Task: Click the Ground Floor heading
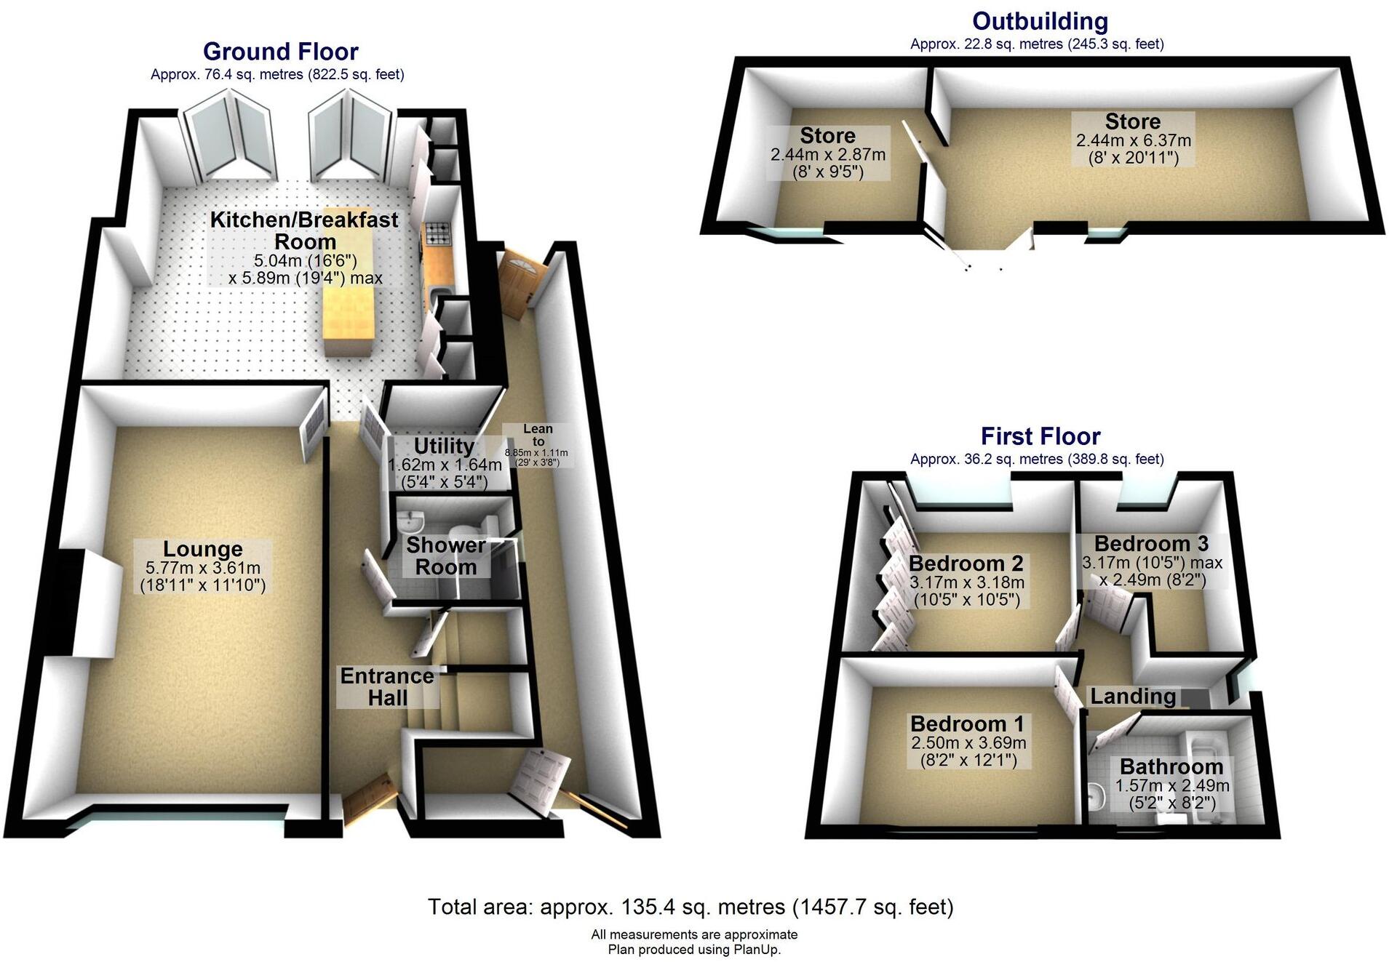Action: point(280,52)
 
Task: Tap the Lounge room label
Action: point(202,549)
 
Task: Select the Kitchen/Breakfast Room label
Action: point(304,231)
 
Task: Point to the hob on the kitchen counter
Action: point(437,233)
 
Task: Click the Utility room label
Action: point(444,446)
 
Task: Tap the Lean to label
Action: point(538,435)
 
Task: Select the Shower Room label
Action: point(445,556)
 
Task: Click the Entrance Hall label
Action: point(387,686)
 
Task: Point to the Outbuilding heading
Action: point(1040,21)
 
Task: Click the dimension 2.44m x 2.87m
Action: point(827,155)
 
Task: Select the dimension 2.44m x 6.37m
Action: point(1133,140)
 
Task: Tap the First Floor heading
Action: point(1040,436)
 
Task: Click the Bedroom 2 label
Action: point(966,564)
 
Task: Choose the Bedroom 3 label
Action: point(1151,544)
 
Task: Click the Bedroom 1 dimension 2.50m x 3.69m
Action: point(968,743)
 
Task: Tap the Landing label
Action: point(1133,697)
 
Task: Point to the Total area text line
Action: point(690,907)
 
